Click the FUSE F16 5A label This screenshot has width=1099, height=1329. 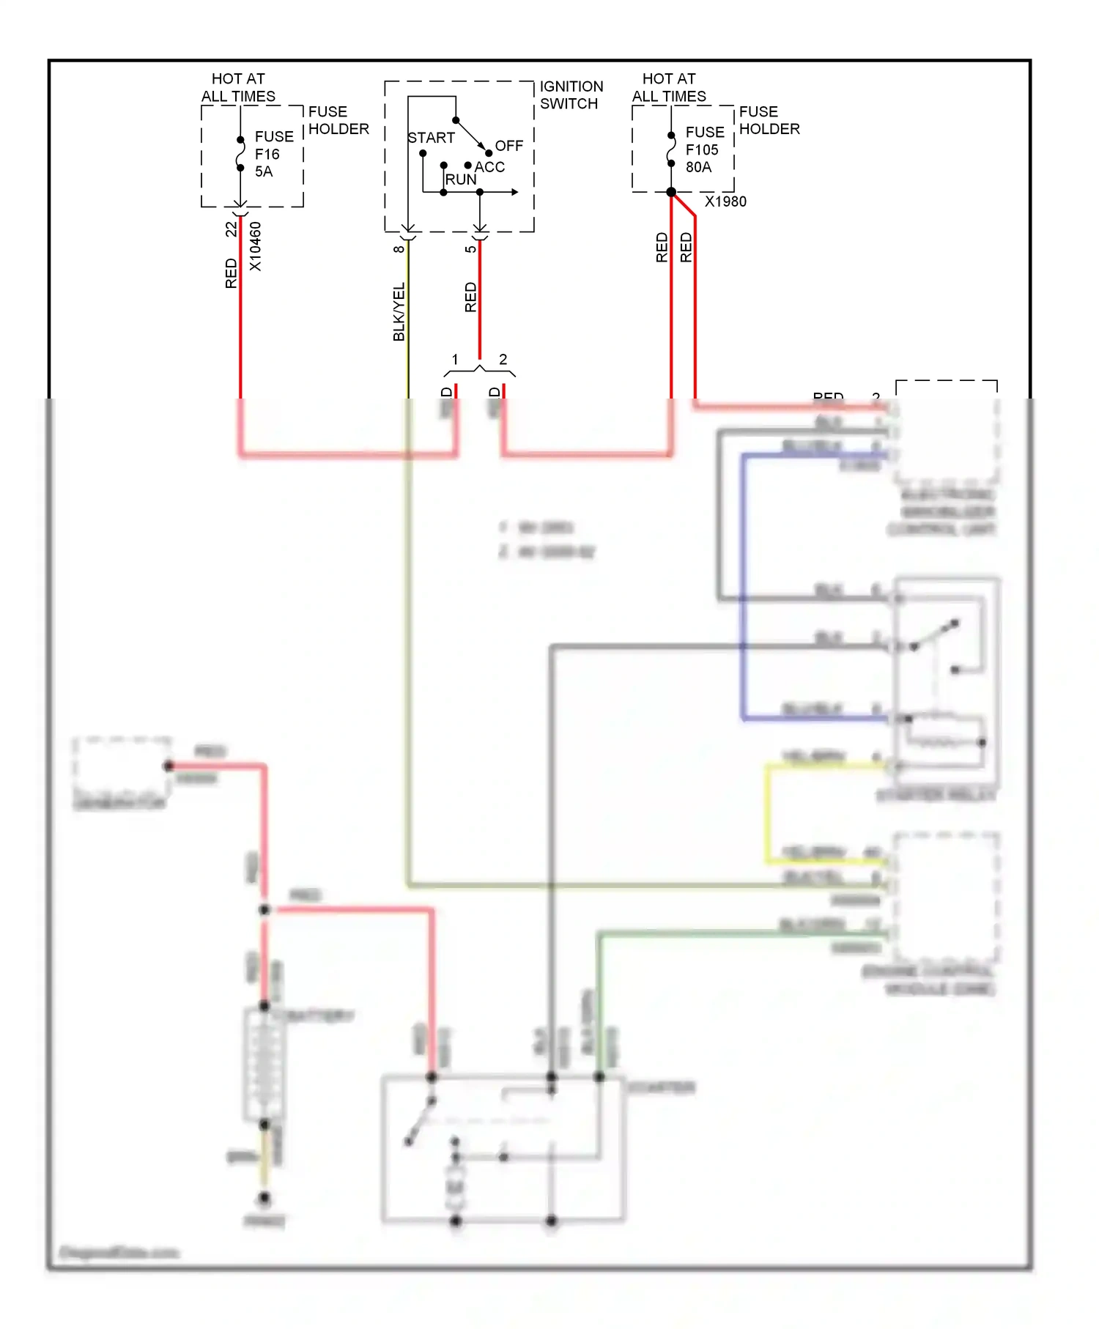[x=273, y=154]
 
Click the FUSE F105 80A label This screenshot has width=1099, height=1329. [x=704, y=149]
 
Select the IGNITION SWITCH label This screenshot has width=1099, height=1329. [x=571, y=95]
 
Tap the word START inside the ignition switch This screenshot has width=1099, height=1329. [x=431, y=138]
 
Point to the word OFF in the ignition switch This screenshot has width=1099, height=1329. [x=508, y=146]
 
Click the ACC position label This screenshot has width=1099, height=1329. [x=489, y=167]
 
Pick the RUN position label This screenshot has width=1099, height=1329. [x=460, y=179]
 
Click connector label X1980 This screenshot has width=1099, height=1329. [x=725, y=201]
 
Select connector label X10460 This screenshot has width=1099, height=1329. [x=255, y=246]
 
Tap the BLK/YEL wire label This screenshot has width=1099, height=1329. [x=399, y=312]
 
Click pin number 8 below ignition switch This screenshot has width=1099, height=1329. [x=399, y=249]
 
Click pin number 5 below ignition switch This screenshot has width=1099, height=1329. [x=470, y=249]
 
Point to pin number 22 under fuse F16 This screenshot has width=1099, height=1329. [x=232, y=229]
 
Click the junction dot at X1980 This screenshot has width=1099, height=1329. [x=671, y=192]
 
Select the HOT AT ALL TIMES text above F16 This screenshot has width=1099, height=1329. [x=238, y=87]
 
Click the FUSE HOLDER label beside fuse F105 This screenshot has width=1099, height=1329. [x=769, y=120]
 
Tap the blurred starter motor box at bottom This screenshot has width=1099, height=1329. [x=503, y=1147]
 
